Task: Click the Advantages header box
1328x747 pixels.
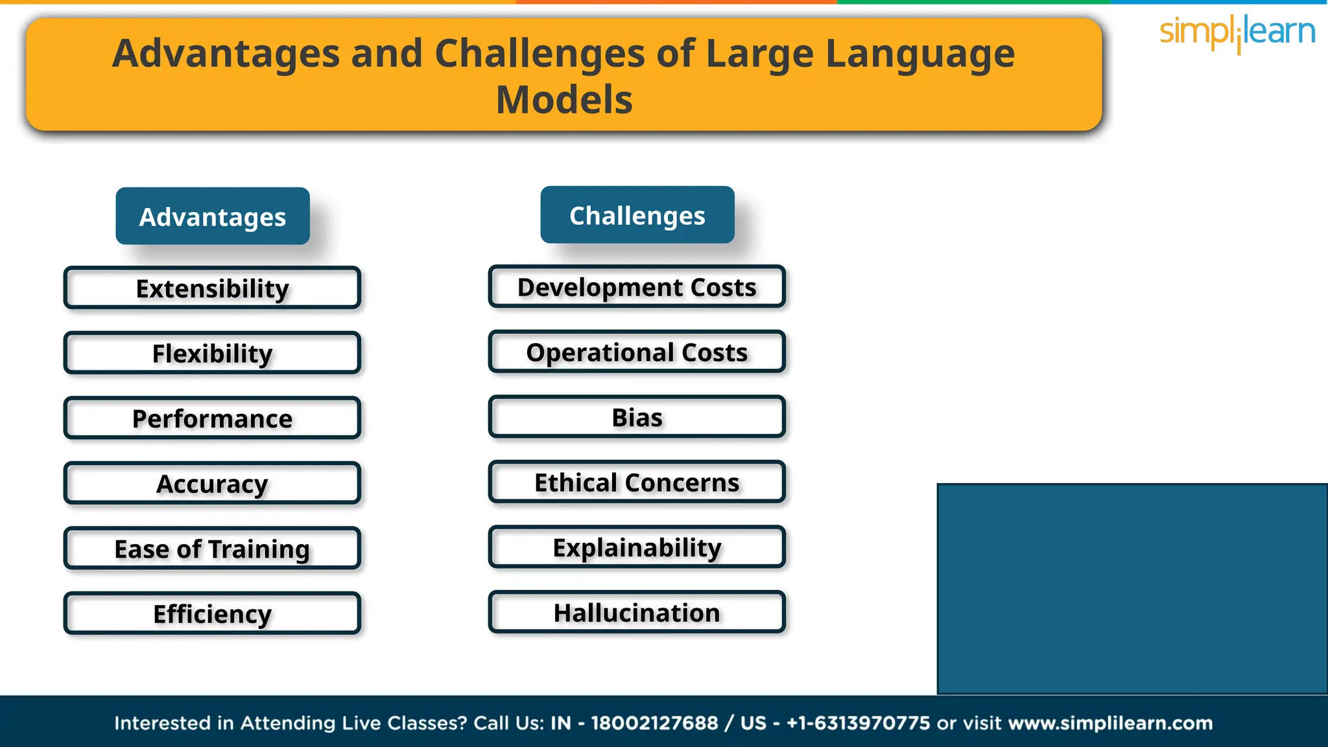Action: click(213, 217)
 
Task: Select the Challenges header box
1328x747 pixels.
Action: click(637, 215)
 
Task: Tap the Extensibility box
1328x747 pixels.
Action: click(212, 288)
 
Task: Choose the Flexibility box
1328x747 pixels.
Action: click(212, 353)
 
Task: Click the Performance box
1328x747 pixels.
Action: click(212, 418)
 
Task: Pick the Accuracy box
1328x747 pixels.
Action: click(212, 484)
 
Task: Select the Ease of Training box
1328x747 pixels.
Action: click(212, 549)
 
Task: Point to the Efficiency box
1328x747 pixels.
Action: click(212, 613)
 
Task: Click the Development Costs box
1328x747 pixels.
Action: click(637, 287)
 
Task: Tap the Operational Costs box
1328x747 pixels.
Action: click(637, 352)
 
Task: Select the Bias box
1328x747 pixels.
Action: click(637, 417)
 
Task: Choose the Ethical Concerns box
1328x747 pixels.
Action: click(637, 482)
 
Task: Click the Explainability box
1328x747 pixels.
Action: click(637, 547)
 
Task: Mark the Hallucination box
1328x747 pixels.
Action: click(637, 612)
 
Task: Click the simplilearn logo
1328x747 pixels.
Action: click(1237, 32)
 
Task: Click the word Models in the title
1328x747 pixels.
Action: click(564, 100)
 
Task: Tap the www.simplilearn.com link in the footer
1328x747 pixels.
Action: click(1110, 723)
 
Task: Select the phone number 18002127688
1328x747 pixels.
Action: click(654, 723)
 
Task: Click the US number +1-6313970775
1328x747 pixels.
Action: click(858, 723)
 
